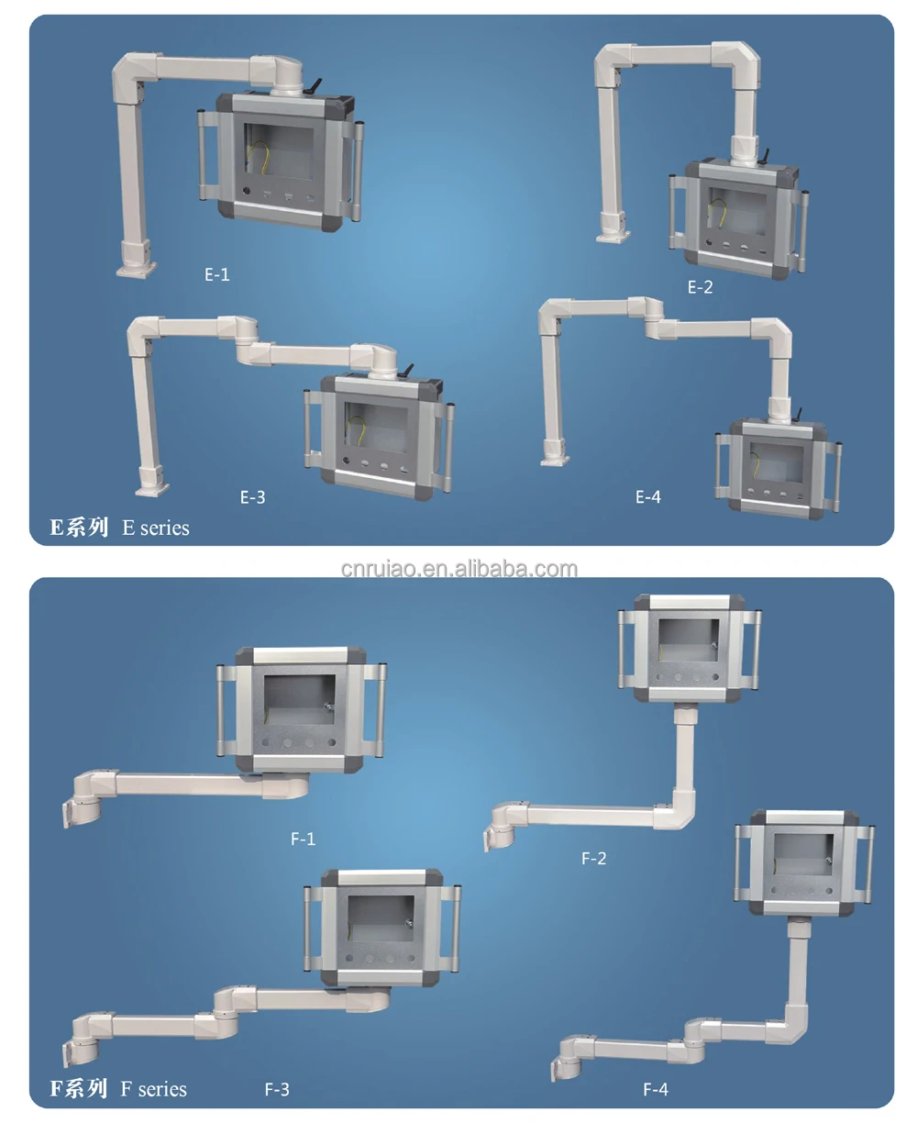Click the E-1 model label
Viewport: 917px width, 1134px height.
pyautogui.click(x=217, y=274)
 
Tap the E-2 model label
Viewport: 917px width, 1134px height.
pyautogui.click(x=700, y=287)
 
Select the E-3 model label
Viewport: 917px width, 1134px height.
pyautogui.click(x=252, y=497)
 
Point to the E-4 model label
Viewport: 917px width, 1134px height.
pyautogui.click(x=647, y=497)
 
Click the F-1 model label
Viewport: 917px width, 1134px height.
pyautogui.click(x=303, y=839)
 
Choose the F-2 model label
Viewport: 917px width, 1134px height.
pyautogui.click(x=593, y=859)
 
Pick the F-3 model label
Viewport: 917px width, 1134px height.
pyautogui.click(x=277, y=1090)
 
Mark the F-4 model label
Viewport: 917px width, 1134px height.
pyautogui.click(x=656, y=1090)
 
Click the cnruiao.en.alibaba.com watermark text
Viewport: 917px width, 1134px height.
pyautogui.click(x=458, y=569)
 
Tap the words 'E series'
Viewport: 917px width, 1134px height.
pyautogui.click(x=156, y=528)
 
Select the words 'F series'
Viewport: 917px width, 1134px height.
pyautogui.click(x=153, y=1089)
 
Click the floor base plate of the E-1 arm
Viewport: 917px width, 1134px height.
pyautogui.click(x=136, y=270)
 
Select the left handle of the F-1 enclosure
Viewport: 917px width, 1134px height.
pyautogui.click(x=223, y=708)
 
